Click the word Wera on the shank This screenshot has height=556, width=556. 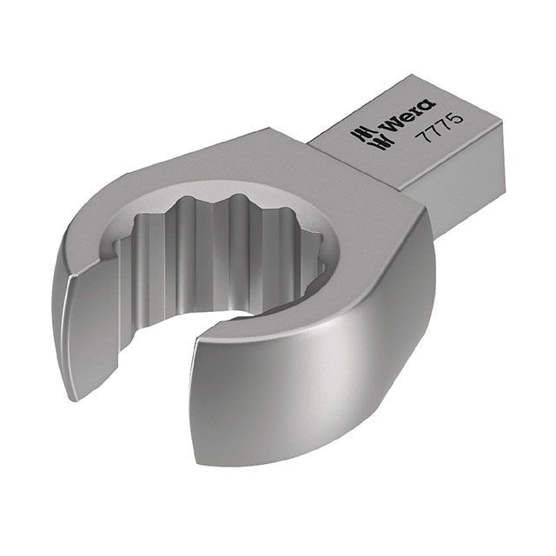[x=410, y=117]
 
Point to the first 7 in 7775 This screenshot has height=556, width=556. [x=424, y=136]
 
